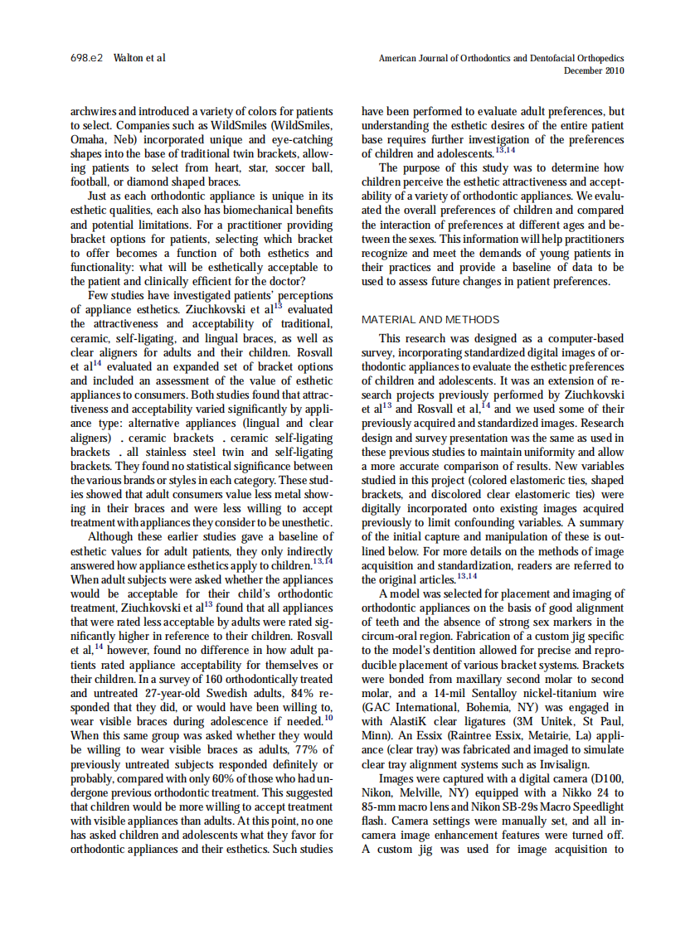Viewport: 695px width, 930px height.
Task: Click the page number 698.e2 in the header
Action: [86, 58]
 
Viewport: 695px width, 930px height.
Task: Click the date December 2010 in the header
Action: [594, 71]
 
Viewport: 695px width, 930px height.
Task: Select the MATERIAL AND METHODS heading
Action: [430, 319]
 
